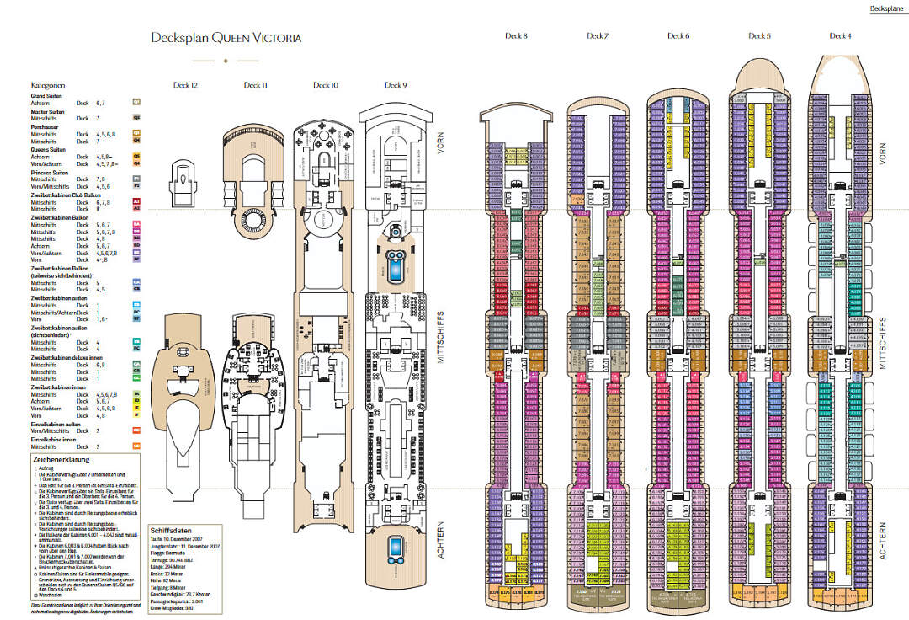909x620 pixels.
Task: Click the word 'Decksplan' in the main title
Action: pyautogui.click(x=179, y=38)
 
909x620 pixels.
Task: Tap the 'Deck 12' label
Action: pyautogui.click(x=186, y=85)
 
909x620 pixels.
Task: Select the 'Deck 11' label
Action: pyautogui.click(x=256, y=85)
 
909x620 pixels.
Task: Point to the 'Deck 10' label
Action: pyautogui.click(x=326, y=85)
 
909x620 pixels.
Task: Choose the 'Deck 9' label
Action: pyautogui.click(x=396, y=85)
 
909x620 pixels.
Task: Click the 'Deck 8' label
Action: pyautogui.click(x=516, y=36)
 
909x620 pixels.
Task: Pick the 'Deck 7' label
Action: pyautogui.click(x=598, y=36)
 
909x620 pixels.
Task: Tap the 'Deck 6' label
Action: pyautogui.click(x=678, y=36)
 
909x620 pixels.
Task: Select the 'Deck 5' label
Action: pyautogui.click(x=759, y=36)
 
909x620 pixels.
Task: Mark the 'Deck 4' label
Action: pyautogui.click(x=840, y=36)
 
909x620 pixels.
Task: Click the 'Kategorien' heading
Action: pyautogui.click(x=49, y=86)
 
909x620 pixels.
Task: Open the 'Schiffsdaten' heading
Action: pyautogui.click(x=171, y=531)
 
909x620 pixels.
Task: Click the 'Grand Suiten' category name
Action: pyautogui.click(x=47, y=96)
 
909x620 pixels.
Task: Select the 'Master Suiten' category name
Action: pyautogui.click(x=48, y=111)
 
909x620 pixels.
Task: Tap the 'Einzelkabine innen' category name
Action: pyautogui.click(x=55, y=439)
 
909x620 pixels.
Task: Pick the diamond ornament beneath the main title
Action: pyautogui.click(x=225, y=61)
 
